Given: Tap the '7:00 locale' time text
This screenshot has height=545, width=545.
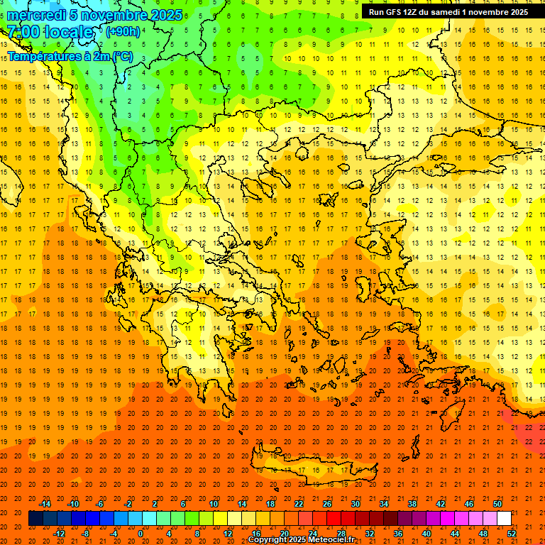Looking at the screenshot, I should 50,33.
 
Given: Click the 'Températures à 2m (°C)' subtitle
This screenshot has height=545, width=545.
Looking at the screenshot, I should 70,55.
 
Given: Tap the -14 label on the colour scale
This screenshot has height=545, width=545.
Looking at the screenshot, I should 45,503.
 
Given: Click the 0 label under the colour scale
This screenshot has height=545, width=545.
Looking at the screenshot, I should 140,534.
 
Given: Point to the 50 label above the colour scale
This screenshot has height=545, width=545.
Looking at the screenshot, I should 497,503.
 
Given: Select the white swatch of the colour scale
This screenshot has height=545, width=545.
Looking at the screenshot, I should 505,518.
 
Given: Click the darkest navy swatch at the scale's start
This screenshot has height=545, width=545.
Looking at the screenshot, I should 35,518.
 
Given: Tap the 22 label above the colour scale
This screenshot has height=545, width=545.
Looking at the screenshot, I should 299,503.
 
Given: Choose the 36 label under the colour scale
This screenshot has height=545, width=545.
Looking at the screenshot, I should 398,534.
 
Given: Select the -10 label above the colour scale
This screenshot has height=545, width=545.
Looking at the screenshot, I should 73,503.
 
